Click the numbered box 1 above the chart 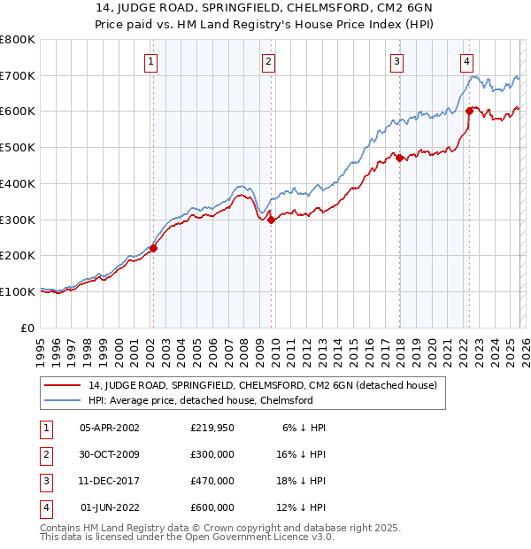[x=151, y=62]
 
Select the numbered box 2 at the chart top [x=268, y=62]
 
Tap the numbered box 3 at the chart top [x=396, y=62]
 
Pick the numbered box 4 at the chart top [x=466, y=62]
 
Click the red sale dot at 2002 [x=153, y=249]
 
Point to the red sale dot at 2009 [x=271, y=220]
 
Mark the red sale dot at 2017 [x=399, y=159]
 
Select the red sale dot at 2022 [x=469, y=112]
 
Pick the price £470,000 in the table [x=212, y=481]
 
